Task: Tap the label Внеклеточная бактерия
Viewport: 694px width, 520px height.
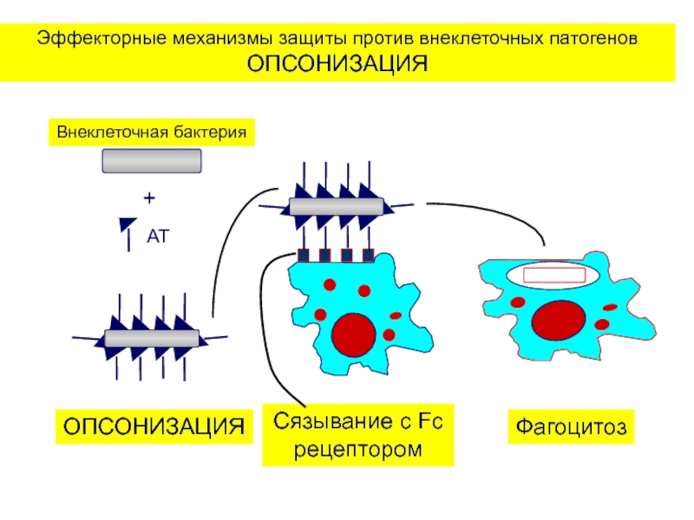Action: coord(153,133)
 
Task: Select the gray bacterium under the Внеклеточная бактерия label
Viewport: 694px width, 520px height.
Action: coord(152,161)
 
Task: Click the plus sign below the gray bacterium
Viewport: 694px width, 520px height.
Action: coord(148,198)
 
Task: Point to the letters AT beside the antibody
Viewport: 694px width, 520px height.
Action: coord(158,236)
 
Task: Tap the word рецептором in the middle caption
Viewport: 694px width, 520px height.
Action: coord(358,450)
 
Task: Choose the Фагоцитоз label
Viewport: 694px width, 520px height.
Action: coord(571,426)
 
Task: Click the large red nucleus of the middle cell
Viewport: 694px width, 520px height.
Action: coord(353,334)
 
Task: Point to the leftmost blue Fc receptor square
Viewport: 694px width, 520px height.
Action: coord(304,256)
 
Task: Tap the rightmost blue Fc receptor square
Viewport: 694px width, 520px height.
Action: coord(368,256)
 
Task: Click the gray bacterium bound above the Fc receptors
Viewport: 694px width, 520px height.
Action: coord(336,206)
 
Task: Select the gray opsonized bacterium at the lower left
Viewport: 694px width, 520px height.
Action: coord(152,338)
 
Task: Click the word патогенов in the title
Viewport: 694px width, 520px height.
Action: coord(592,39)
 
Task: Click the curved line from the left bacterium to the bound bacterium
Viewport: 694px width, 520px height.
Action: coord(227,251)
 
